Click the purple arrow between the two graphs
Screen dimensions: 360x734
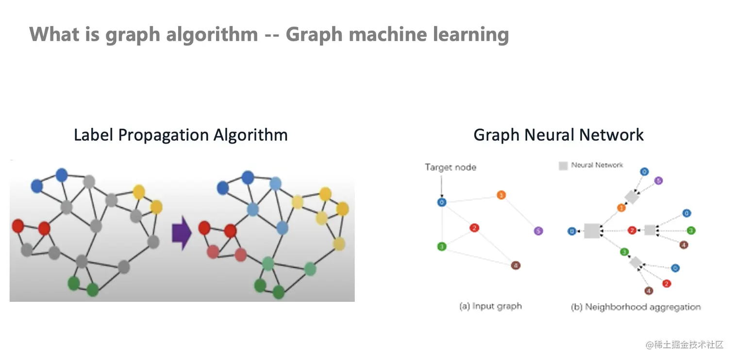[x=182, y=233]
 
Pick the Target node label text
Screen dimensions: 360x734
[x=450, y=167]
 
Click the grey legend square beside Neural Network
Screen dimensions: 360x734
[x=563, y=166]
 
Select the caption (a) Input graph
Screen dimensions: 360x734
[x=490, y=306]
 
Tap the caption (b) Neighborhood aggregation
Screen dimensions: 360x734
[x=636, y=307]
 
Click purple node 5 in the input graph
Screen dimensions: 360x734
[x=537, y=231]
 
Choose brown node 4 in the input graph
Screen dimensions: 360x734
[x=516, y=265]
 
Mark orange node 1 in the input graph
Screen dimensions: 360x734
[x=501, y=195]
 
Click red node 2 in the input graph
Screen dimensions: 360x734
[x=474, y=228]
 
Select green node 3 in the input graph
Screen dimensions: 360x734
[x=442, y=246]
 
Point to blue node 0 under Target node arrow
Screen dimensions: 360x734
[x=441, y=202]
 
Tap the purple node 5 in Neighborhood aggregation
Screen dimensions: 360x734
[x=658, y=180]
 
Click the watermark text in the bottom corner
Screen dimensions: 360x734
[x=684, y=344]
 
